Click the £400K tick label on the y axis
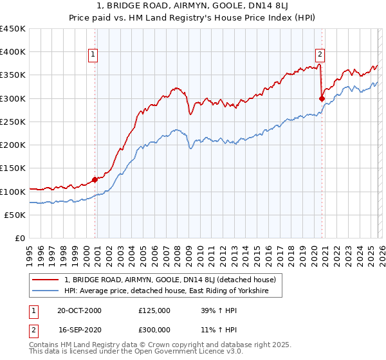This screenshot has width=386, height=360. click(13, 52)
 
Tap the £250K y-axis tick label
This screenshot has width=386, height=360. click(13, 122)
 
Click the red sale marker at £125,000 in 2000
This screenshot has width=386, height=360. click(95, 180)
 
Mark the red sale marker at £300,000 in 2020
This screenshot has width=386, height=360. click(322, 98)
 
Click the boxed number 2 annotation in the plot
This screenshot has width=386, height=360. click(320, 55)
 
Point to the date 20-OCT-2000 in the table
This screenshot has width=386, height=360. click(79, 310)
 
